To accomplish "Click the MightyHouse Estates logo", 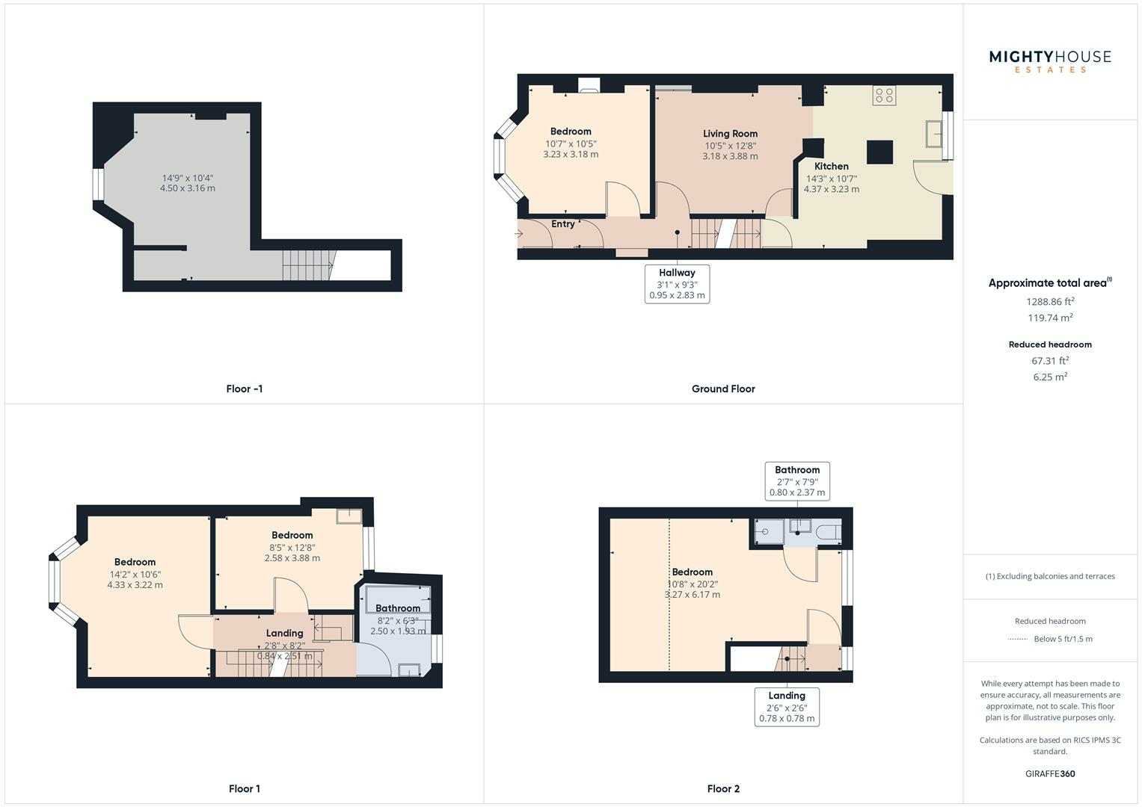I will (1050, 61).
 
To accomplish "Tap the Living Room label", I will (730, 134).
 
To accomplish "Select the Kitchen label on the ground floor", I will (831, 167).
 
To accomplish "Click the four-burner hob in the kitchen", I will (884, 95).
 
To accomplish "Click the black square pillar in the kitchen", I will (879, 152).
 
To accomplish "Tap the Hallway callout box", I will (677, 284).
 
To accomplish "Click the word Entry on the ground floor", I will (563, 224).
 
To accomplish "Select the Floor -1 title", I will (245, 389).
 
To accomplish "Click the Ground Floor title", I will (723, 389).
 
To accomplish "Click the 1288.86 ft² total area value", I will (1050, 302).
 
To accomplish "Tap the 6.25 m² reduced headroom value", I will (1050, 377).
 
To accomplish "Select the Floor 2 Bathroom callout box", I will (797, 481).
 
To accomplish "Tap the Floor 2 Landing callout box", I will (787, 707).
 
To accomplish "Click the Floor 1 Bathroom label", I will (398, 608).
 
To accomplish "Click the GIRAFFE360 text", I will (1050, 773).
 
